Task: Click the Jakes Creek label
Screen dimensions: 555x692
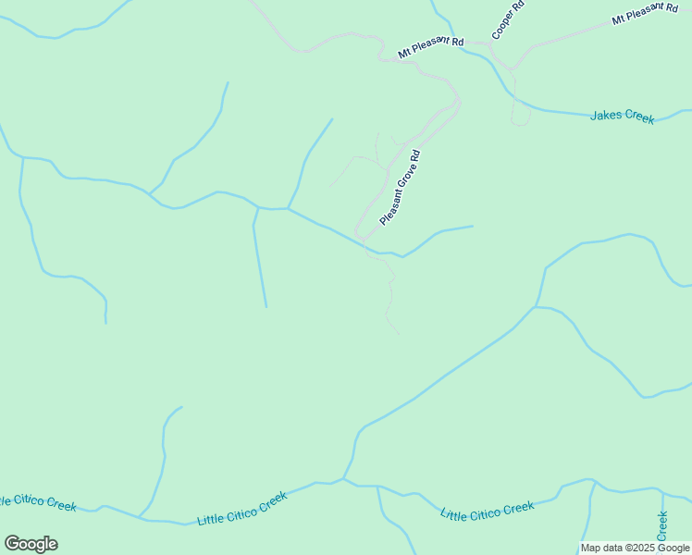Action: tap(623, 117)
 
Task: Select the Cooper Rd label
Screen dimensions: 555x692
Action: tap(509, 19)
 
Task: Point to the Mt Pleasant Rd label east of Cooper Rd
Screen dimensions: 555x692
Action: tap(645, 14)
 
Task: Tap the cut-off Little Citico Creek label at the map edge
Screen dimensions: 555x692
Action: tap(38, 502)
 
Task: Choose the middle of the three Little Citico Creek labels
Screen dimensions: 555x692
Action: tap(242, 509)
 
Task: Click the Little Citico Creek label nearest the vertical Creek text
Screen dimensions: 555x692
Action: tap(488, 511)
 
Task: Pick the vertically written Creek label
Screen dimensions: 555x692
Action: tap(662, 526)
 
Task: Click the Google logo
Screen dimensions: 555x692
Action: tap(31, 544)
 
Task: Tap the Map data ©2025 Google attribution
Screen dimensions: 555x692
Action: tap(635, 548)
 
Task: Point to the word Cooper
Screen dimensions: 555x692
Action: tap(505, 25)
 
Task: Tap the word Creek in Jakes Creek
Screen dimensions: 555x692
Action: tap(638, 117)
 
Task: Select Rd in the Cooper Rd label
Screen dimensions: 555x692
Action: tap(520, 6)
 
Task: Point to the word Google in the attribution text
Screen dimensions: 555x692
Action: tap(672, 548)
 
